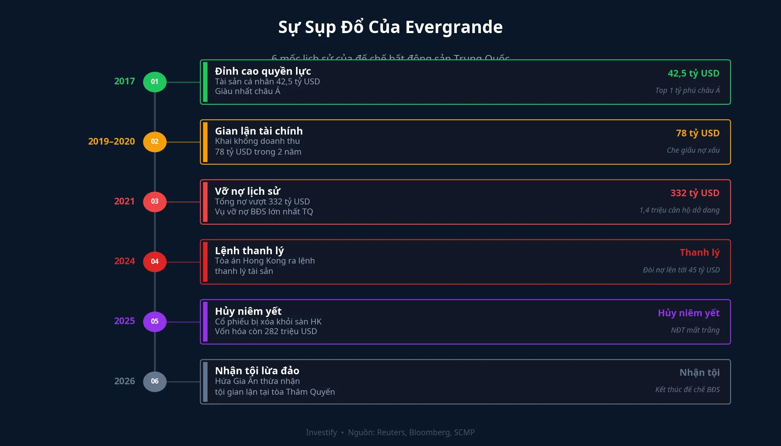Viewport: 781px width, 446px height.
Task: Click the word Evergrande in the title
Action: coord(454,27)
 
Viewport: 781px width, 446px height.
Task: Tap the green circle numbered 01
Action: coord(155,82)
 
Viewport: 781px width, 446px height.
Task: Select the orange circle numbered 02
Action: coord(155,142)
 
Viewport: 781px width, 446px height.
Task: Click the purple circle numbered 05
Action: coord(155,321)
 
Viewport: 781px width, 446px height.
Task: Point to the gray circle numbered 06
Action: coord(155,381)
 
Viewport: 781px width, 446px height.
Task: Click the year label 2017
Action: coord(124,81)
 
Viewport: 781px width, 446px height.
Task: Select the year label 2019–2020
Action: coord(111,142)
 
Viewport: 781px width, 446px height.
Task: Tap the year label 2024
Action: coord(124,261)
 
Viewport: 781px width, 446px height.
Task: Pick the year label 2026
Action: coord(124,381)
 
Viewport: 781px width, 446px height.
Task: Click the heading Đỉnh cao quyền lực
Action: coord(263,71)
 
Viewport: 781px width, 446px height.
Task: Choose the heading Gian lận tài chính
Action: coord(258,131)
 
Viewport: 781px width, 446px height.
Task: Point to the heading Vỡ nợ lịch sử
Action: coord(247,191)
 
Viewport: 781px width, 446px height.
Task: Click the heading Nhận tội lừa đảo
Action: coord(257,371)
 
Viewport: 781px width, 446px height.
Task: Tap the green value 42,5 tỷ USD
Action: coord(693,73)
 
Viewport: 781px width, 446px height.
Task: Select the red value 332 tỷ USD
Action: coord(695,193)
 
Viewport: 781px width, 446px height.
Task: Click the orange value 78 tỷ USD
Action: coord(697,133)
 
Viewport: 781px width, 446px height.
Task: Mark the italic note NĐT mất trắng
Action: coord(695,330)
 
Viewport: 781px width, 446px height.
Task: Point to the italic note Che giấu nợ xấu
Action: coord(693,150)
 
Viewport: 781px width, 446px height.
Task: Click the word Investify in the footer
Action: coord(321,432)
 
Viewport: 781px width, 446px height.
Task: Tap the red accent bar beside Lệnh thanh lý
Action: coord(205,262)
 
